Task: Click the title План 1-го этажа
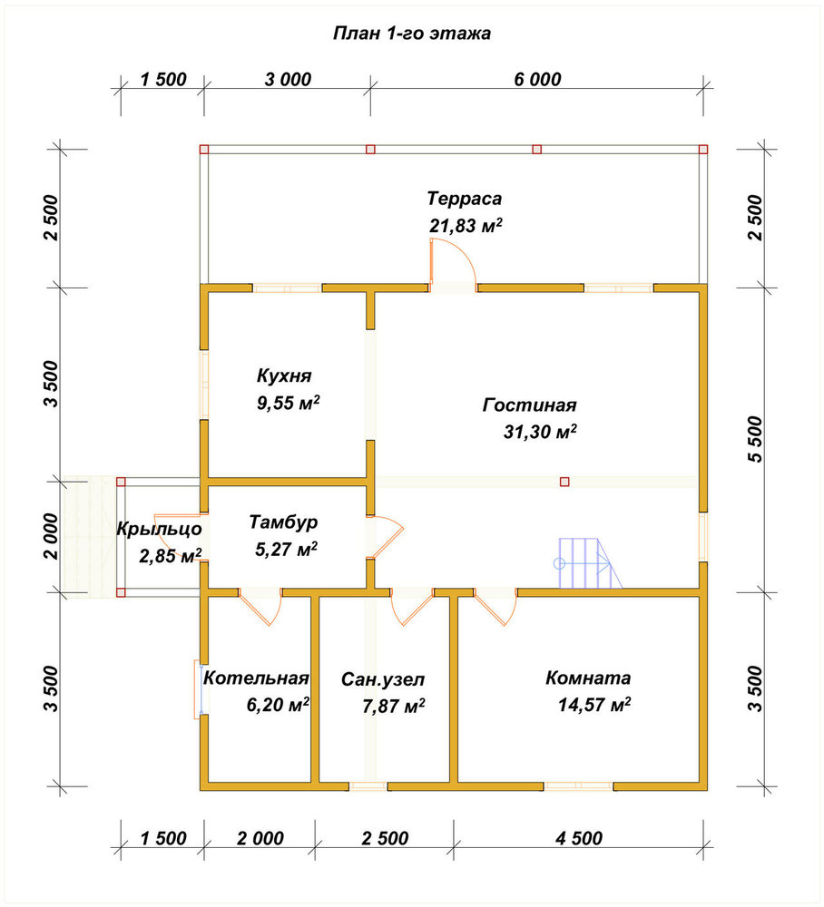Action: pyautogui.click(x=411, y=34)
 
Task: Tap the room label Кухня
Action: pyautogui.click(x=284, y=375)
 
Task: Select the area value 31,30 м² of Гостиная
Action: pyautogui.click(x=540, y=432)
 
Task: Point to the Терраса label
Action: pyautogui.click(x=464, y=199)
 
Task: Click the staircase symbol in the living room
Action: pyautogui.click(x=588, y=563)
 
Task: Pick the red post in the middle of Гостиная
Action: pyautogui.click(x=564, y=482)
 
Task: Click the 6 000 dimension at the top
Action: pyautogui.click(x=537, y=79)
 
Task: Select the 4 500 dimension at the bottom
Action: pyautogui.click(x=579, y=838)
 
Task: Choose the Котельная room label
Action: pyautogui.click(x=256, y=678)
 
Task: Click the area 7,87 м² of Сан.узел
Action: pyautogui.click(x=394, y=706)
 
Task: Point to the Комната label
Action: pyautogui.click(x=588, y=678)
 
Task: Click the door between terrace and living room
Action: pyautogui.click(x=453, y=264)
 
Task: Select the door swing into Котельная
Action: pyautogui.click(x=260, y=607)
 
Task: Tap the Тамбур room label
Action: pyautogui.click(x=283, y=522)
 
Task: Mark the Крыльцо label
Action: pyautogui.click(x=159, y=529)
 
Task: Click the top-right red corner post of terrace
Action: pyautogui.click(x=703, y=150)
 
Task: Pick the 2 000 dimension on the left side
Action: pyautogui.click(x=51, y=536)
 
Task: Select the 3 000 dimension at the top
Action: pyautogui.click(x=288, y=79)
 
